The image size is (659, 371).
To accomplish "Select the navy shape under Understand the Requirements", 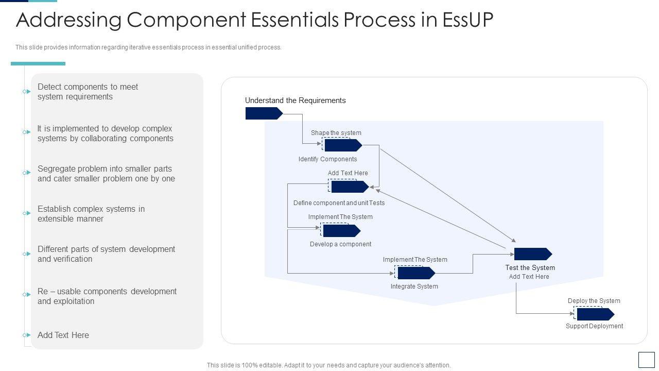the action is tap(264, 113).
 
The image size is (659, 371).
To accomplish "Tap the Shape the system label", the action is tap(336, 133).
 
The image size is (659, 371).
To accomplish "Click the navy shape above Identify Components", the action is tap(343, 145).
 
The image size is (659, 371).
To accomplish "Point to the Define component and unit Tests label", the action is tap(339, 203).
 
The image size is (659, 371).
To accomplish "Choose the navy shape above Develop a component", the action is tap(341, 230).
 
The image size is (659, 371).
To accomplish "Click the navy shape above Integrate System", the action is tap(417, 273).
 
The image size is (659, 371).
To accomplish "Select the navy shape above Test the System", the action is tap(533, 254).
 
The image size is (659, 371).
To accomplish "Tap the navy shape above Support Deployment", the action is tap(596, 314).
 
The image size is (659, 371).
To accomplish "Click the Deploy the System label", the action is tap(594, 300).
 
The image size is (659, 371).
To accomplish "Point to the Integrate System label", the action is tap(414, 286).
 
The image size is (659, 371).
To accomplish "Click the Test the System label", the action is tap(530, 267).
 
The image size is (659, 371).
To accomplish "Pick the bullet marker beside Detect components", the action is tap(27, 92).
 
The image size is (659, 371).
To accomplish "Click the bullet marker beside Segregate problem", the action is tap(27, 173).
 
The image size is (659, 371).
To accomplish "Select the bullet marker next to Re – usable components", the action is tap(27, 294).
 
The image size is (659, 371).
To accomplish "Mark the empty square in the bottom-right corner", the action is tap(646, 360).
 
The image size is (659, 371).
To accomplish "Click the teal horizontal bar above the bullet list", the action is tap(38, 63).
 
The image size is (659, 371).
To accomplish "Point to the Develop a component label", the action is tap(340, 244).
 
